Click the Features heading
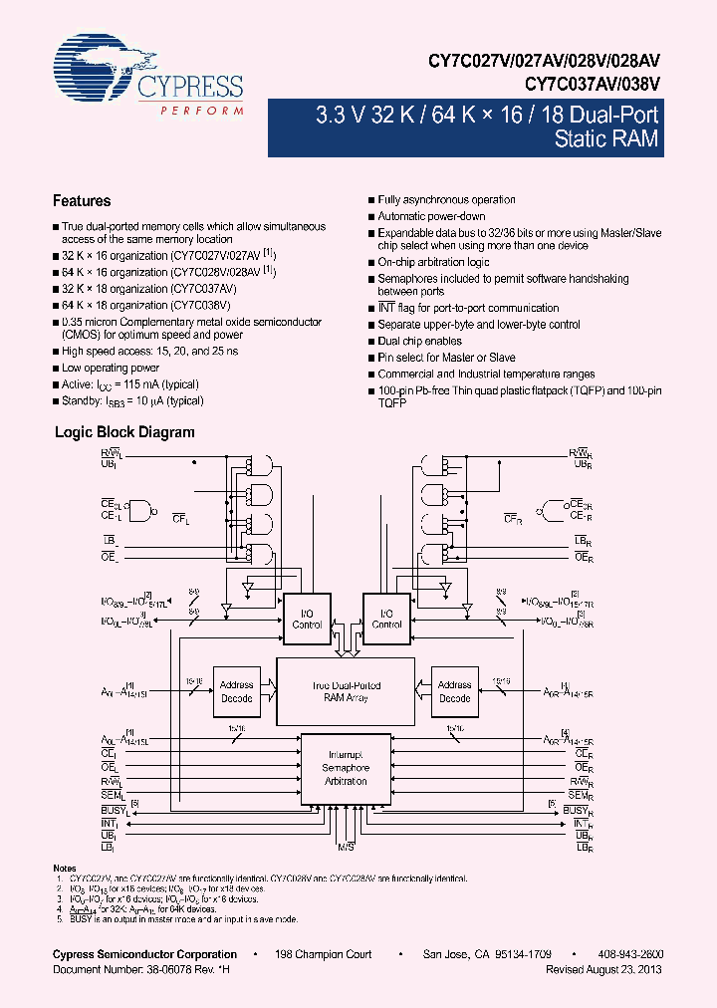pos(82,201)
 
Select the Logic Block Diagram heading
pos(123,432)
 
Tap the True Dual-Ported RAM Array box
pos(346,691)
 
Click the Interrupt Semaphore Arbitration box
pos(346,768)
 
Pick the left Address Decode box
pos(236,691)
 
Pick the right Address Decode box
pos(455,691)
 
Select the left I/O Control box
pos(307,619)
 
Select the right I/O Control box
pos(386,619)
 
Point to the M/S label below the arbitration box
pos(346,846)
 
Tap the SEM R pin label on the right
pos(583,796)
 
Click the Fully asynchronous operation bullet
pos(446,200)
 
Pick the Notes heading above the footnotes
pos(65,869)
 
